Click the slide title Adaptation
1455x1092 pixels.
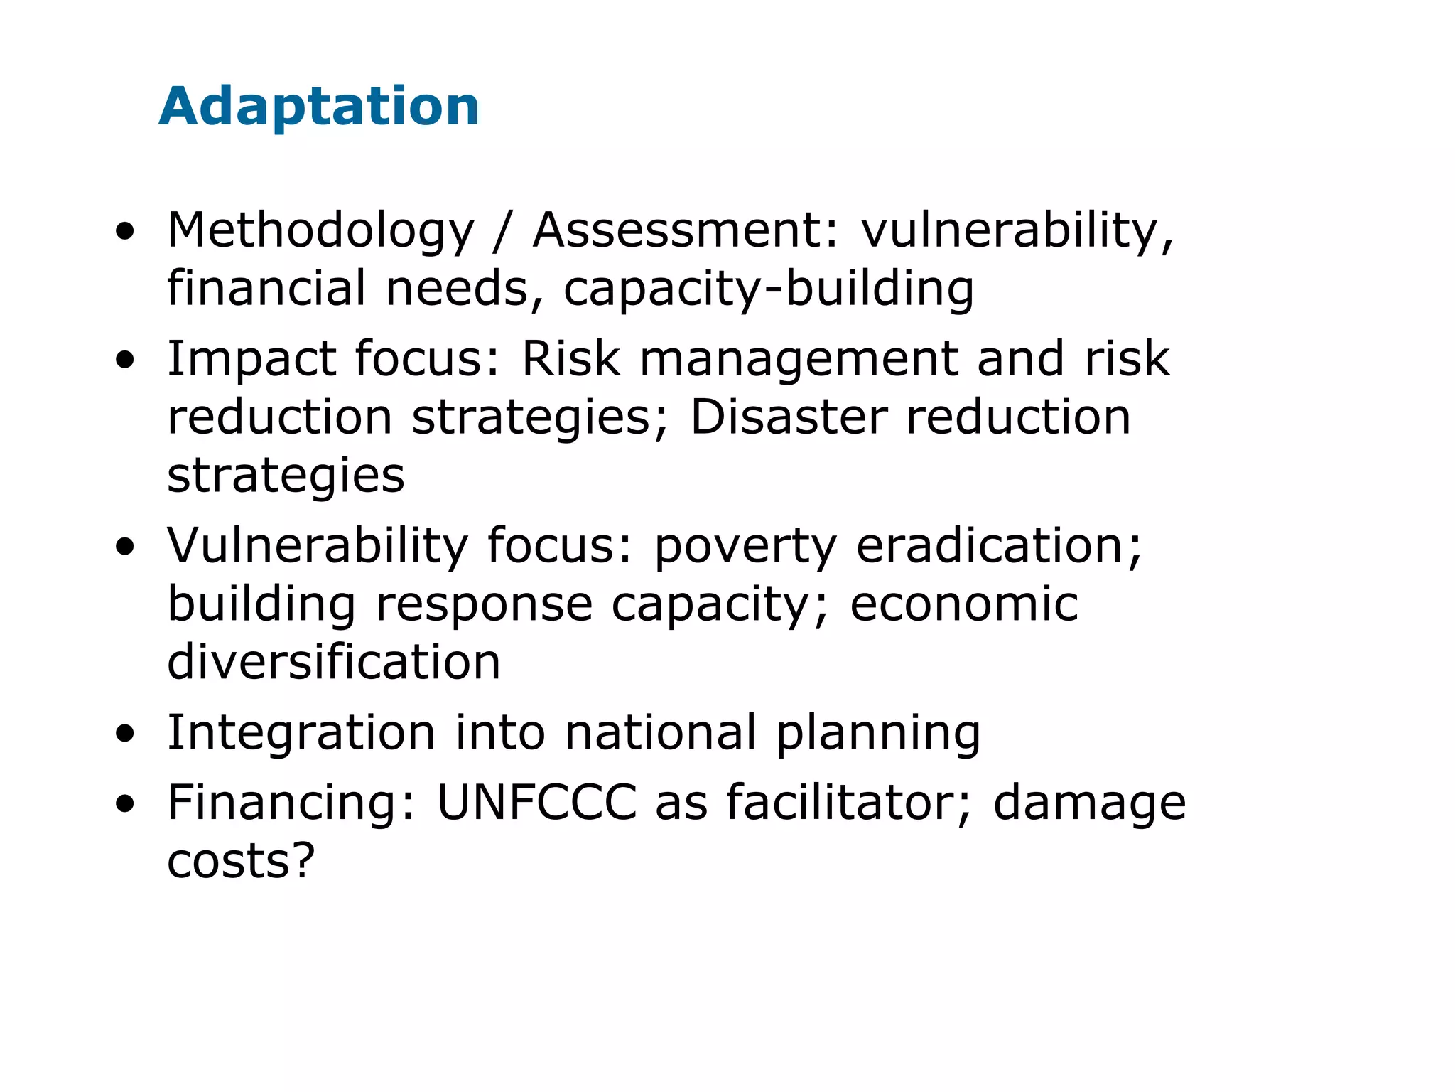tap(319, 107)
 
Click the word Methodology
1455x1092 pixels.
tap(320, 232)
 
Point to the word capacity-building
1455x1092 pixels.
tap(769, 289)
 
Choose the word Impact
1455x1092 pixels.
tap(251, 359)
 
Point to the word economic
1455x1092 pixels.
tap(964, 604)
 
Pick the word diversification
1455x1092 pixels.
tap(334, 661)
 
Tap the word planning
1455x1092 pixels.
tap(878, 734)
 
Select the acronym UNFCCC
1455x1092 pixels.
tap(537, 803)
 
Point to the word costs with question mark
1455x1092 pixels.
tap(241, 861)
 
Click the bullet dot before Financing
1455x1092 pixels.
tap(125, 803)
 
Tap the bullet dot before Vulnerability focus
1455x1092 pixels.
tap(125, 547)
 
